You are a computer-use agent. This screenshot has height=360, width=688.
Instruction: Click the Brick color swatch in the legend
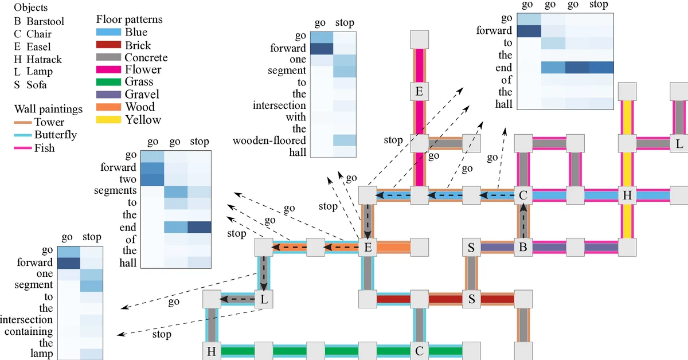click(x=108, y=45)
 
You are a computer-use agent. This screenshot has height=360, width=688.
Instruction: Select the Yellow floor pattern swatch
click(x=108, y=120)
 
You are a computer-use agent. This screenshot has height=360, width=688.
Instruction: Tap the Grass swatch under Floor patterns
click(x=108, y=83)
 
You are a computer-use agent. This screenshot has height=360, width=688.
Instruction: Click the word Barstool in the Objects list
click(x=45, y=22)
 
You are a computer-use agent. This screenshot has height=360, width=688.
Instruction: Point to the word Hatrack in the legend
click(x=44, y=59)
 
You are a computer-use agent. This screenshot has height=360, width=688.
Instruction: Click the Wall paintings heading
click(x=48, y=109)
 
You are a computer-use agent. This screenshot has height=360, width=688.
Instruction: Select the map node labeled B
click(x=522, y=248)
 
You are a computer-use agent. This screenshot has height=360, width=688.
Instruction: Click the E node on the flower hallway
click(x=419, y=91)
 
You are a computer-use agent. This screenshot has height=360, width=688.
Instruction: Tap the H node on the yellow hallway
click(x=627, y=195)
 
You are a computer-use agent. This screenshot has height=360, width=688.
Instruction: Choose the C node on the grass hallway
click(x=419, y=351)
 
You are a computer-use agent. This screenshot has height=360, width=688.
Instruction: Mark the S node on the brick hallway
click(x=471, y=299)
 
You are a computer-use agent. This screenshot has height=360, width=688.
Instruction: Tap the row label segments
click(x=116, y=190)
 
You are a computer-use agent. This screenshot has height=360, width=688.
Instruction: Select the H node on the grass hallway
click(x=211, y=351)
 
